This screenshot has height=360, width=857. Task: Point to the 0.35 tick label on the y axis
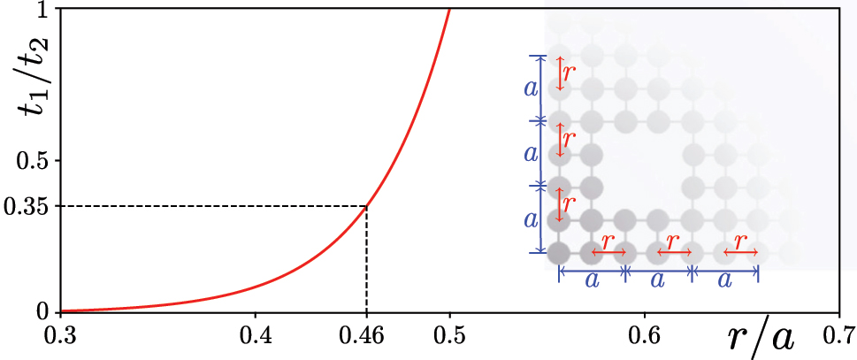click(x=25, y=206)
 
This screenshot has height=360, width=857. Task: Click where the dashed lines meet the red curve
click(x=366, y=206)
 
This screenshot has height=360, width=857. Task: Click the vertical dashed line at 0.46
click(x=366, y=261)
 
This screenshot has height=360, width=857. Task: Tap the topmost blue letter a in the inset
click(x=531, y=88)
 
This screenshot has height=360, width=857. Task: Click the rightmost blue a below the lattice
click(x=724, y=280)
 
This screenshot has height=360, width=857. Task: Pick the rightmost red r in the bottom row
click(x=740, y=240)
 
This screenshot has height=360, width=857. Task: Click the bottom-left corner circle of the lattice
click(x=558, y=252)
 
